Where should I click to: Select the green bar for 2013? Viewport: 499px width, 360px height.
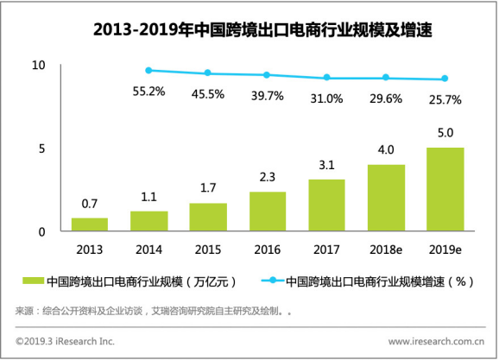[90, 224]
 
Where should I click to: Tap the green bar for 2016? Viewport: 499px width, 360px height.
[267, 212]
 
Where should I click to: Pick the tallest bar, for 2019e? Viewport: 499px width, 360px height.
[445, 189]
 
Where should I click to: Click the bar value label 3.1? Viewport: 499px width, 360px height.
[326, 164]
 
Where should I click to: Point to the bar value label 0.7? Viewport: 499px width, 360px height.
[90, 204]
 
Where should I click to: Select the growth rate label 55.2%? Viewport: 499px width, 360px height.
[149, 91]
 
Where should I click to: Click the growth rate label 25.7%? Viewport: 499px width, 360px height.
[445, 100]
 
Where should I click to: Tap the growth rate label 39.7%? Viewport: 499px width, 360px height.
[267, 95]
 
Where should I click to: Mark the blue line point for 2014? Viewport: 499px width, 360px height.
[148, 70]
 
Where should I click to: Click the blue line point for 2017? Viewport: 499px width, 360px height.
[326, 78]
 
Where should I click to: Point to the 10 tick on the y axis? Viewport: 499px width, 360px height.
[38, 66]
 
